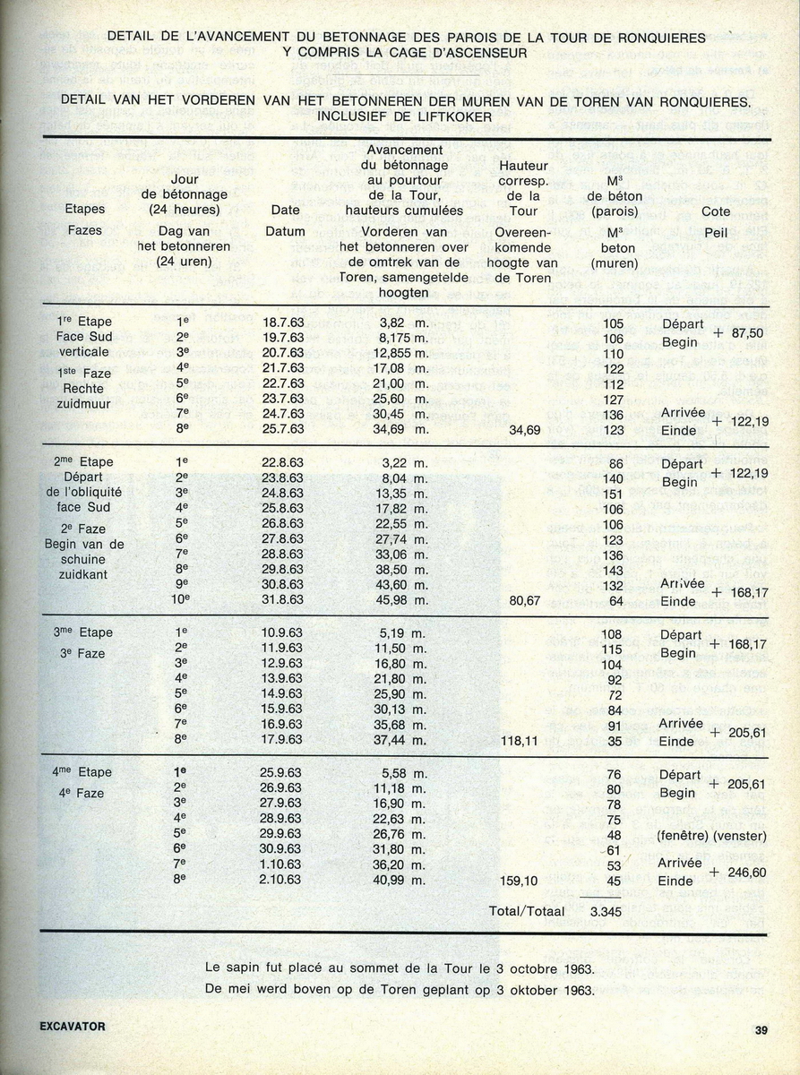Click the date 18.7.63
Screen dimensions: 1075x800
(x=283, y=322)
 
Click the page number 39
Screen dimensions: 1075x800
(x=761, y=1030)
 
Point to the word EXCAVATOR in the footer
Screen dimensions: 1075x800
(x=73, y=1027)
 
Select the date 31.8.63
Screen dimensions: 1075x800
(x=283, y=600)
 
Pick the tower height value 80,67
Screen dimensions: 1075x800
(x=524, y=600)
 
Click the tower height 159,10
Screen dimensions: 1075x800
(x=524, y=881)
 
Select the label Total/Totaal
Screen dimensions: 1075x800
(x=527, y=912)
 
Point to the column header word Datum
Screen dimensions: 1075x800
(x=286, y=231)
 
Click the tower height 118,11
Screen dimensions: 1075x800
(x=524, y=741)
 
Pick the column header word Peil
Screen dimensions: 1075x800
(x=716, y=231)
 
